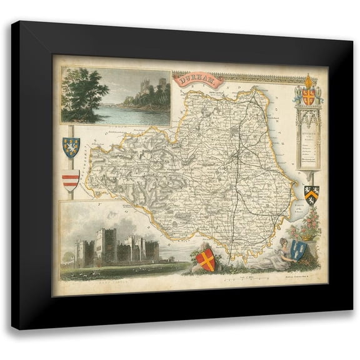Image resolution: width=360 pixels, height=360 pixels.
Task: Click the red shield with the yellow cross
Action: click(x=206, y=259)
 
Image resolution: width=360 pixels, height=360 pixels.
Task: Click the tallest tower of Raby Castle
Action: click(x=106, y=243)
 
